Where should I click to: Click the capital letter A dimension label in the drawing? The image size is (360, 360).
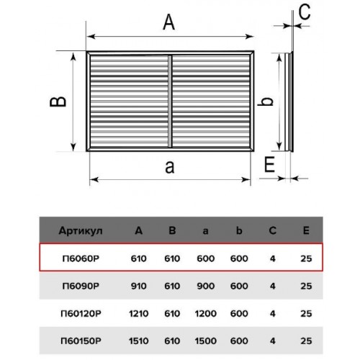[168, 22]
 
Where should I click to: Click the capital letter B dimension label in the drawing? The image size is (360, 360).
[58, 102]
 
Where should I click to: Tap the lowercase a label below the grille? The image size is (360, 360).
[170, 167]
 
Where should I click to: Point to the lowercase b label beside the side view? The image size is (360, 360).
[265, 101]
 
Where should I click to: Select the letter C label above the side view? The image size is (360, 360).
[305, 12]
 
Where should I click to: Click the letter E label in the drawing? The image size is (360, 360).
[269, 164]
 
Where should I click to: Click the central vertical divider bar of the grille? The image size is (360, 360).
[170, 102]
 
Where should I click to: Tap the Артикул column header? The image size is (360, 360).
[81, 231]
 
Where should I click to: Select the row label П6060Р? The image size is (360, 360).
[81, 258]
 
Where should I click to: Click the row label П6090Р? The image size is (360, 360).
[81, 286]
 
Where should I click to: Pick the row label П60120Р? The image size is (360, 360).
[81, 313]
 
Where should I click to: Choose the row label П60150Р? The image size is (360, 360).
[81, 341]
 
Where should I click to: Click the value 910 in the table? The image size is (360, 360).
[139, 286]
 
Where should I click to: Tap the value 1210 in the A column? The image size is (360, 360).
[139, 313]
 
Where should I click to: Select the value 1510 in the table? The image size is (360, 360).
[139, 341]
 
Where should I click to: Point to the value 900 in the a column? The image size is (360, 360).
[206, 286]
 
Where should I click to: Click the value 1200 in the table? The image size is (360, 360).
[206, 313]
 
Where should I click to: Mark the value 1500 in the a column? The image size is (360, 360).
[206, 341]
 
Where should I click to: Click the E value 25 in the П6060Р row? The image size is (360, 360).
[306, 258]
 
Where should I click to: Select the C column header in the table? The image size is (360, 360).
[272, 230]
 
